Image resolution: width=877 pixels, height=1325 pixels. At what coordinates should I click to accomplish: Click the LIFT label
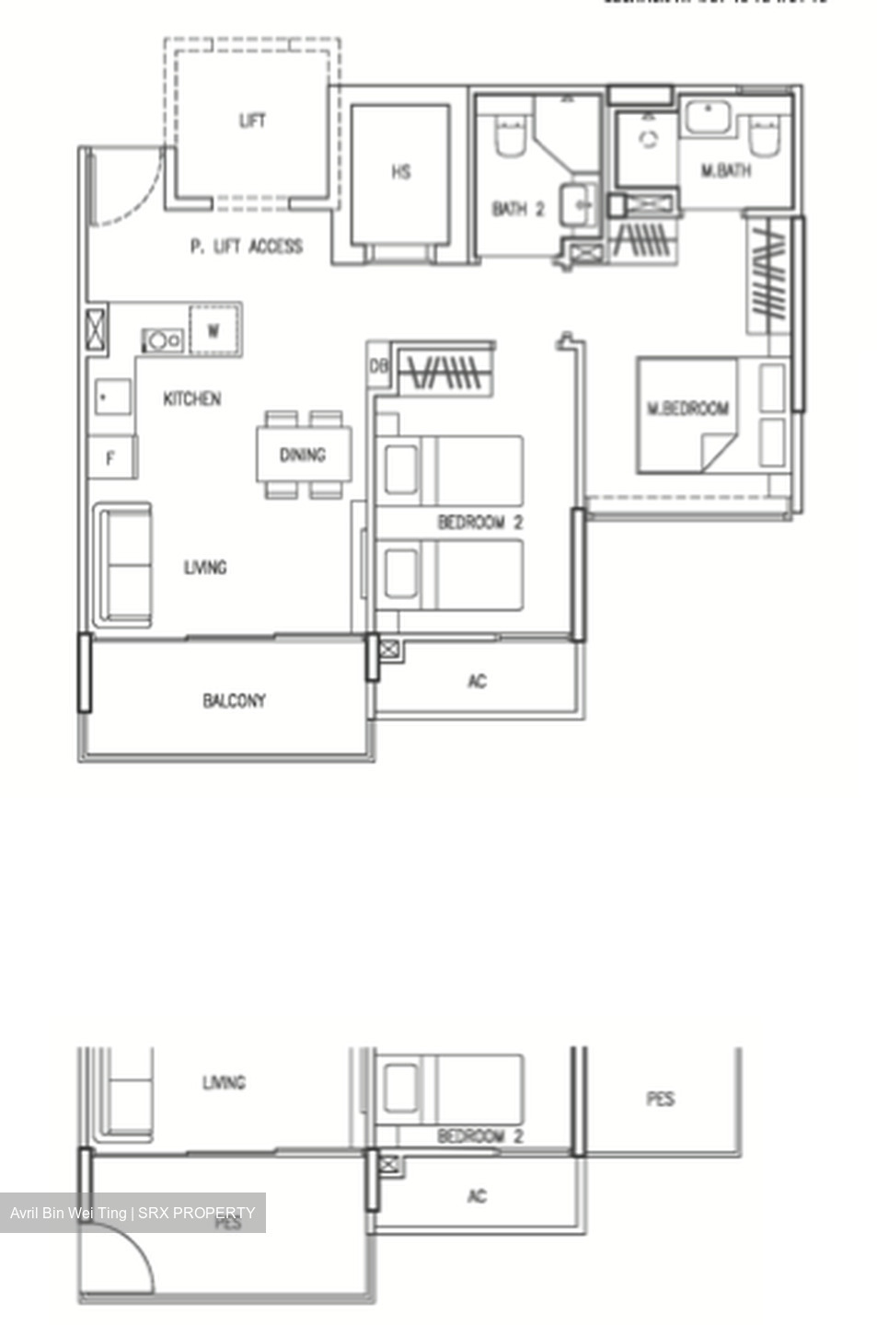coord(252,121)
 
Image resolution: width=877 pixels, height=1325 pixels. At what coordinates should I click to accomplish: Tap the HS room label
coord(400,172)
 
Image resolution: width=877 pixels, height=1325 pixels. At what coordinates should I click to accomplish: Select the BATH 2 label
coord(518,210)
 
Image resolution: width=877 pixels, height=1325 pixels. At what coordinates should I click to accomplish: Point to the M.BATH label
coord(725,170)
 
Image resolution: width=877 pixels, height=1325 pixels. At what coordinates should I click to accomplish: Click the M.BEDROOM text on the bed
coord(687,409)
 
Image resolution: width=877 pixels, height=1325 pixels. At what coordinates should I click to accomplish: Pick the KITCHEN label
coord(191,398)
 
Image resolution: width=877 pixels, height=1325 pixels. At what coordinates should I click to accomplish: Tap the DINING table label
coord(303,455)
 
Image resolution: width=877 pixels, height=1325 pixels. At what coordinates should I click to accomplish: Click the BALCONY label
coord(234,701)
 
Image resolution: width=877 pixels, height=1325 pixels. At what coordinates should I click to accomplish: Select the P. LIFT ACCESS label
coord(246,246)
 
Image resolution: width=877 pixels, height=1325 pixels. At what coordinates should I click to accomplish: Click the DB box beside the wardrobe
coord(378,366)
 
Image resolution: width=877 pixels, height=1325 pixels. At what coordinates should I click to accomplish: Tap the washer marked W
coord(213,330)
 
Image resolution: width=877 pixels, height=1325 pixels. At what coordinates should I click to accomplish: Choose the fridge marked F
coord(110,457)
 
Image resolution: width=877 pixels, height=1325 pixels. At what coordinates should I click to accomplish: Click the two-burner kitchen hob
coord(163,340)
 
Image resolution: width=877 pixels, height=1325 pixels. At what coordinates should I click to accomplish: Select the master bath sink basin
coord(707,119)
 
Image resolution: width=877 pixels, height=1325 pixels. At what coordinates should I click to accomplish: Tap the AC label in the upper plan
coord(477,682)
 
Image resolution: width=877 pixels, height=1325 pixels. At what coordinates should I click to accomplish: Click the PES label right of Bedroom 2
coord(660,1099)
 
